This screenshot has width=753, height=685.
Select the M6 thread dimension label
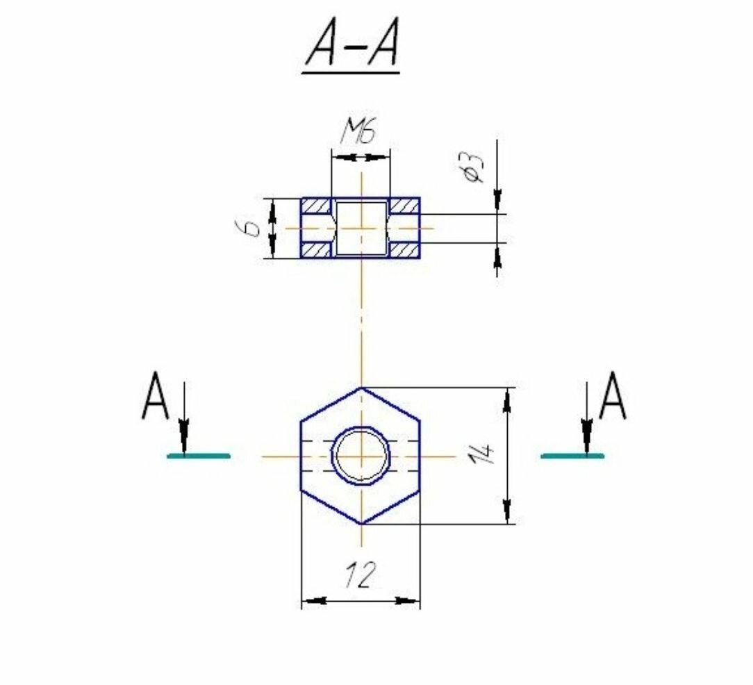(x=358, y=131)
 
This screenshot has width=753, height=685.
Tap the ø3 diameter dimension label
(x=472, y=167)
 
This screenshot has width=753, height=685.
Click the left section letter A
(x=155, y=396)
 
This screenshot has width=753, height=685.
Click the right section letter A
(x=612, y=396)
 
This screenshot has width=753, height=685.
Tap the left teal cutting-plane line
(x=199, y=456)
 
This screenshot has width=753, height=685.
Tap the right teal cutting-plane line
(x=572, y=456)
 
